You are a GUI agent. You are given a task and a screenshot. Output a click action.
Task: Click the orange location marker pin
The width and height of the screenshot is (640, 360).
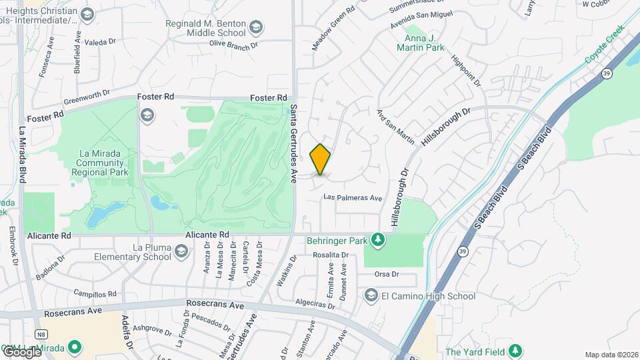tap(321, 159)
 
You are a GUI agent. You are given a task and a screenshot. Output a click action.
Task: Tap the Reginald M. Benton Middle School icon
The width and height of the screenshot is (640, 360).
tap(257, 28)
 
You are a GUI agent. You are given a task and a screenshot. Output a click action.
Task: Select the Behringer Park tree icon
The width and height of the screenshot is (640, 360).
tap(378, 239)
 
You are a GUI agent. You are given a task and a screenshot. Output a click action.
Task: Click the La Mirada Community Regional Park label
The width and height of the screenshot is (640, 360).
tap(98, 162)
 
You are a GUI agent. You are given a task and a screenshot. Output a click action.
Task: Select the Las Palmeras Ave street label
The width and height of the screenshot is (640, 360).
tap(353, 198)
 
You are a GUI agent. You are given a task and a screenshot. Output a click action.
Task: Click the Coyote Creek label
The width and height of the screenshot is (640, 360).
tap(603, 49)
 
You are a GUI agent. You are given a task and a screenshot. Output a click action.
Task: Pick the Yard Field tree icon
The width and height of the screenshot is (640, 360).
tap(515, 351)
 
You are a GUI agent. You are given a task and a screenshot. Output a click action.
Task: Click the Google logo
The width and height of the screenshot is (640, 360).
tap(21, 351)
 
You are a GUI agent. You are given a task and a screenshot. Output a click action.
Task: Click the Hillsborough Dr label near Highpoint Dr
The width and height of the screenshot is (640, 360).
tap(446, 126)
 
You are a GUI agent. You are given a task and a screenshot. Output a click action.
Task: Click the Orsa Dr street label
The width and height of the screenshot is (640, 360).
tap(386, 274)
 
